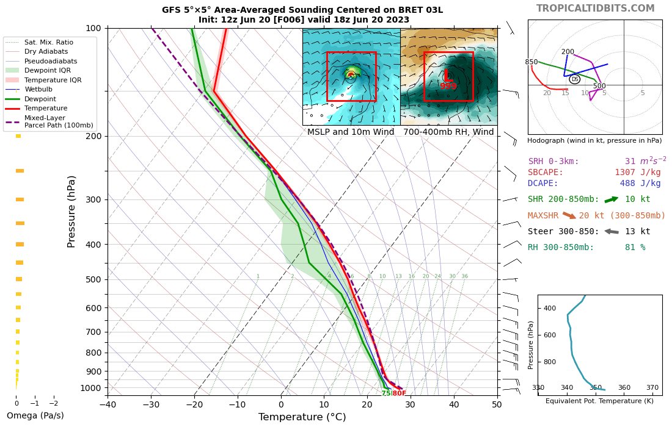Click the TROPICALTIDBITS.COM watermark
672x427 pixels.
595,8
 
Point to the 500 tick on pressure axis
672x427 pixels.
93,279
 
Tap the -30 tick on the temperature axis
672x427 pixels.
151,404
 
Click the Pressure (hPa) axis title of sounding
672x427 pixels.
71,211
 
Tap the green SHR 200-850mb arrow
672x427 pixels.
611,199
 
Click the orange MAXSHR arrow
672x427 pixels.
569,215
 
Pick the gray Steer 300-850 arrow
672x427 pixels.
611,231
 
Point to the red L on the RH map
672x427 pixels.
448,76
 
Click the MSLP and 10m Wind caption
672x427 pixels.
351,132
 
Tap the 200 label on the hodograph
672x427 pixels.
568,52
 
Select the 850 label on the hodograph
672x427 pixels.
531,62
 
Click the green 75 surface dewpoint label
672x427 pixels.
386,393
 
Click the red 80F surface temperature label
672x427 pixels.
399,393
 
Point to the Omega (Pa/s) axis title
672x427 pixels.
35,415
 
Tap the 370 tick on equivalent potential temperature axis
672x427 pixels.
652,387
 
